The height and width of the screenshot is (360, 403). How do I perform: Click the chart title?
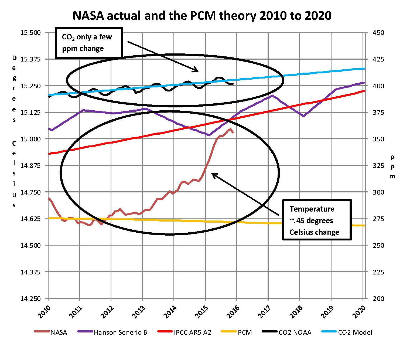(202, 16)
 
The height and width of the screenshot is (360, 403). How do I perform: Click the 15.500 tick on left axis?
(30, 33)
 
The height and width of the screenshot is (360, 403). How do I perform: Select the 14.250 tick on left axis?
(30, 298)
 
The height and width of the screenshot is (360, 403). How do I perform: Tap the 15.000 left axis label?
(30, 139)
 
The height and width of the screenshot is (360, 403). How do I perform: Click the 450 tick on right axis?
(378, 33)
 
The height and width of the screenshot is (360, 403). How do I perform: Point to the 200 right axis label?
(378, 298)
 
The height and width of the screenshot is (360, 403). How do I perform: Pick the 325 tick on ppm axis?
(378, 165)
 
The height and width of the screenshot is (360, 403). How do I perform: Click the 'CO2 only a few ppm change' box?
(89, 43)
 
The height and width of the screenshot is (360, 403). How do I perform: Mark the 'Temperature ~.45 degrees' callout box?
(317, 220)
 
